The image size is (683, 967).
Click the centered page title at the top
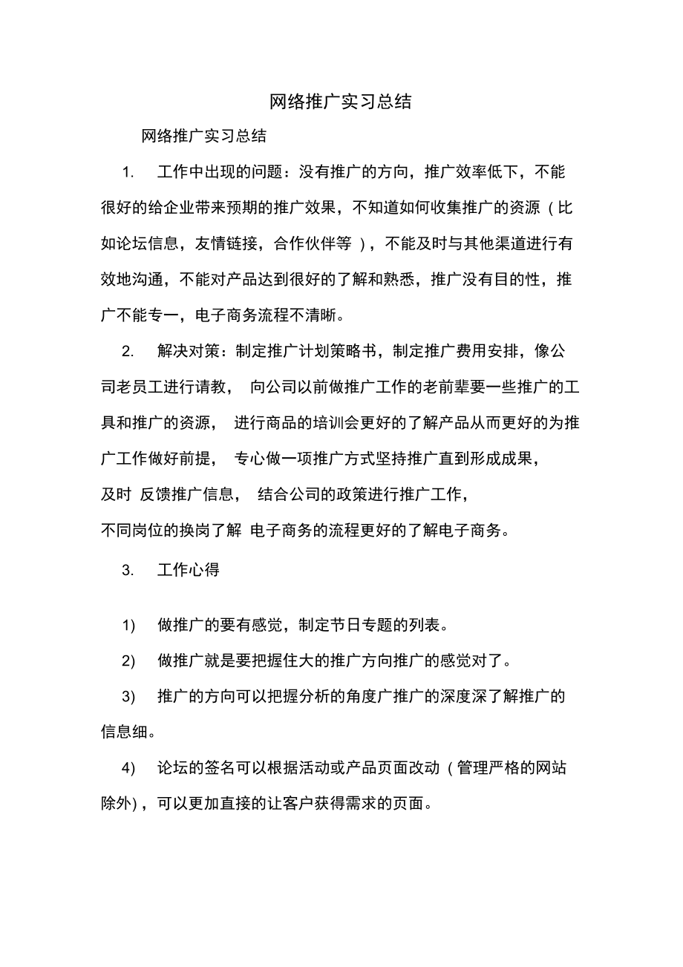click(x=341, y=102)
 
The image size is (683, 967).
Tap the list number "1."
click(x=128, y=173)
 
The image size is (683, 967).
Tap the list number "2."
click(x=128, y=351)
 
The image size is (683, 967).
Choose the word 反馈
click(x=155, y=494)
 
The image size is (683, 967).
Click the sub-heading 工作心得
click(x=188, y=571)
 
